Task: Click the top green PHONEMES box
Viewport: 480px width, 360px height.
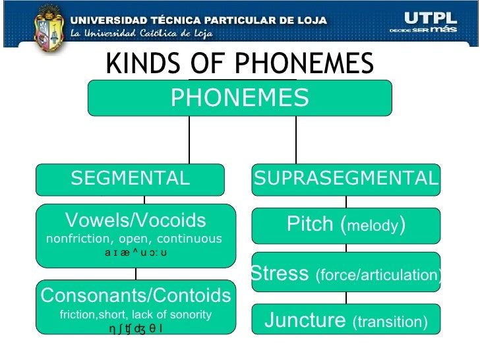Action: (240, 98)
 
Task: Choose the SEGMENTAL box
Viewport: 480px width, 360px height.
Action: (130, 179)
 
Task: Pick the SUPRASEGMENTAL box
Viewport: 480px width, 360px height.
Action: (346, 179)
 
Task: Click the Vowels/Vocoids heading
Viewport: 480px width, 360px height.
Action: (136, 221)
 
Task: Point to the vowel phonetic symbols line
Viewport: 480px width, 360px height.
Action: (136, 252)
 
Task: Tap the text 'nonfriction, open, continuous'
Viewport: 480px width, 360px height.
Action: (135, 239)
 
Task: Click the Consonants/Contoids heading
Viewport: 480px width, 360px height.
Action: (136, 295)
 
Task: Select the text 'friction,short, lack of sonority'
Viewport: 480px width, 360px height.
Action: (136, 315)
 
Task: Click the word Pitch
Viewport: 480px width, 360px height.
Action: (311, 225)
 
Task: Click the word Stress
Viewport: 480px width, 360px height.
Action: (280, 273)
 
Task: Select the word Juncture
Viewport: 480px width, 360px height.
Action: (305, 320)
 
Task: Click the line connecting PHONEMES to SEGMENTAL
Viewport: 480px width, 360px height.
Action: (189, 140)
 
